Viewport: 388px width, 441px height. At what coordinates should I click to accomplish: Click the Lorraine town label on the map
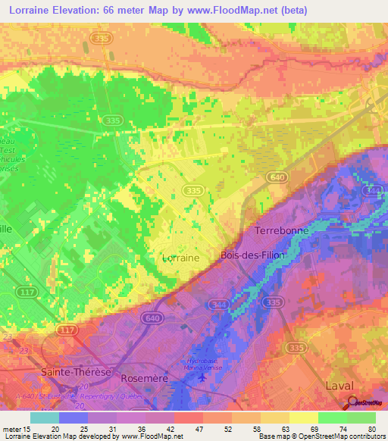[x=181, y=258]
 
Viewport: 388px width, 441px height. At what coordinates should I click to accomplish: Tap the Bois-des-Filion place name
[x=252, y=255]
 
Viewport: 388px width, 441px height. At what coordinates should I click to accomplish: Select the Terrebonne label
[x=280, y=230]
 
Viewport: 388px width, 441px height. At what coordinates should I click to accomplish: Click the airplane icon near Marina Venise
[x=200, y=377]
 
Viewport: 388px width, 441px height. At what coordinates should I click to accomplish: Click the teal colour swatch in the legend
[x=45, y=418]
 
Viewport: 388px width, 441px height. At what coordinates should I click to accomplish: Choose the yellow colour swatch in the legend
[x=303, y=418]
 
